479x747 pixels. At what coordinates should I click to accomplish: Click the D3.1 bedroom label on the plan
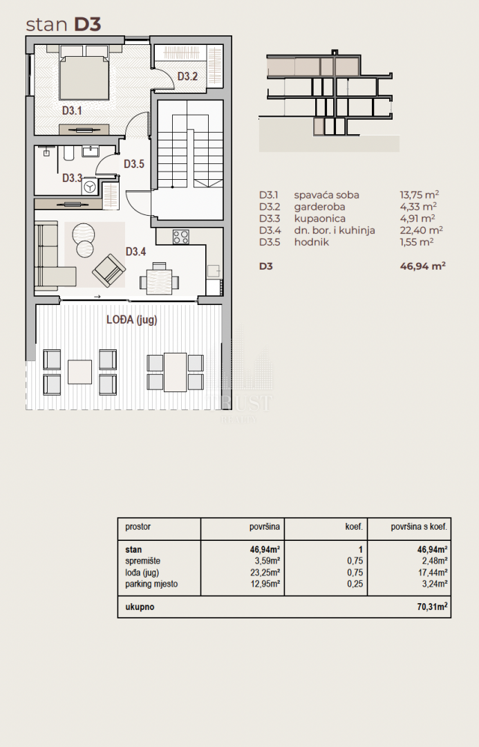coord(72,111)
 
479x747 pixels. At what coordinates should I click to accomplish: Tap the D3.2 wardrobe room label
coord(187,76)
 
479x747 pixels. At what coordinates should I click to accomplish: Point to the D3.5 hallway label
coord(134,164)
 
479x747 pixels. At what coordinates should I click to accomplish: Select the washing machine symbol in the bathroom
coord(90,187)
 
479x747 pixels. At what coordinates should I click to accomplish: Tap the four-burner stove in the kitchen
coord(181,237)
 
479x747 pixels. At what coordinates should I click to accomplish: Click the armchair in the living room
coord(109,270)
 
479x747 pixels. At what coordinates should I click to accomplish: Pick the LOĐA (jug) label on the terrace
coord(131,320)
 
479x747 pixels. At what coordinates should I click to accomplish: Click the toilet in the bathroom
coord(68,154)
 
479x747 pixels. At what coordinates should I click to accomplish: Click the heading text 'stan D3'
coord(64,24)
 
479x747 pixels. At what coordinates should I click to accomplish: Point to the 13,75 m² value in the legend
coord(419,194)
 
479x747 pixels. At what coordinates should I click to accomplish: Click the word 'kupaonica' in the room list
coord(320,219)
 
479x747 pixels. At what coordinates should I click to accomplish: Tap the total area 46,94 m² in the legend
coord(422,266)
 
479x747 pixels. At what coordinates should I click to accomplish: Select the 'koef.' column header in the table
coord(354,526)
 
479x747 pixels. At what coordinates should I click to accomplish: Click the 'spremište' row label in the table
coord(143,561)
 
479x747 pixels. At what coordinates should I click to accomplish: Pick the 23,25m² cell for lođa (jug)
coord(265,572)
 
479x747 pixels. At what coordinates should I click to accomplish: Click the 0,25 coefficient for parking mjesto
coord(355,584)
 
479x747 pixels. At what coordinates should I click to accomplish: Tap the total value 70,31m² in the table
coord(432,607)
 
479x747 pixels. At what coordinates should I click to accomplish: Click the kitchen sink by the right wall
coord(214,270)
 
